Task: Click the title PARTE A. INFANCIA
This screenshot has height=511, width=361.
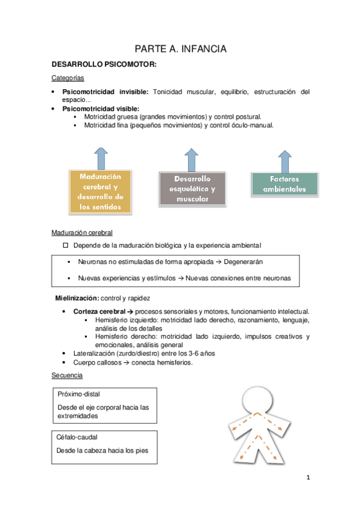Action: click(x=180, y=49)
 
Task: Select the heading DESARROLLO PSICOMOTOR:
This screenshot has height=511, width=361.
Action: click(x=104, y=64)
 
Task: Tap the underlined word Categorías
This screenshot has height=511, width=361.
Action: click(x=67, y=78)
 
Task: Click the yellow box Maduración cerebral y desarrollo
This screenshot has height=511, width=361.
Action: click(x=101, y=191)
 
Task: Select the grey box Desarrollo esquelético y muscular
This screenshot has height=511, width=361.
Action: click(x=192, y=188)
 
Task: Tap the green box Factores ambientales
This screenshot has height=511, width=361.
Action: click(x=284, y=184)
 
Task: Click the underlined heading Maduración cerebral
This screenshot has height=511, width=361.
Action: click(x=81, y=232)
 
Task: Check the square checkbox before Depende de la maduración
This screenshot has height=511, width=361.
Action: click(x=66, y=245)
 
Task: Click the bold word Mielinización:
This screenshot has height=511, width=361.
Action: click(x=77, y=298)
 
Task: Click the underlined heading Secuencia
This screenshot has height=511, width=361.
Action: click(x=67, y=375)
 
